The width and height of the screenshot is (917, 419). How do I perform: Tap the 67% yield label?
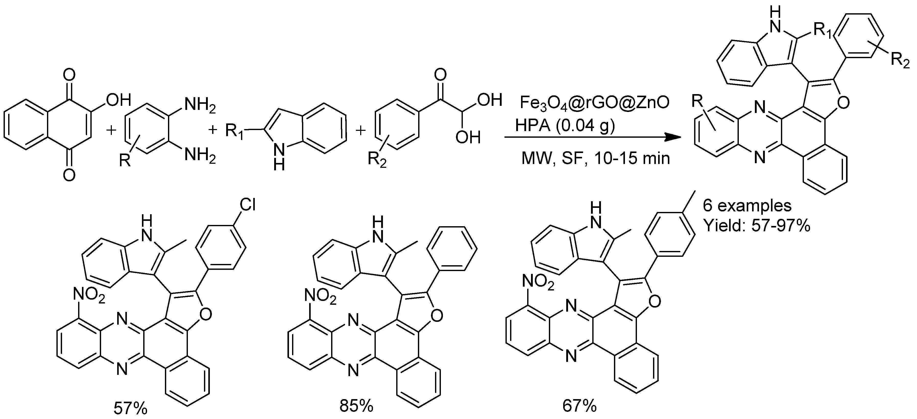point(580,406)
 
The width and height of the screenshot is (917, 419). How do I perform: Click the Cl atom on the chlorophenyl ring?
point(247,205)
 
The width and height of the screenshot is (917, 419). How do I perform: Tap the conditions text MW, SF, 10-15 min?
point(596,158)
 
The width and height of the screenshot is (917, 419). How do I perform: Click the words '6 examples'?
point(747,205)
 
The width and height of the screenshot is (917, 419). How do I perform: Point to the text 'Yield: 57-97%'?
point(757,225)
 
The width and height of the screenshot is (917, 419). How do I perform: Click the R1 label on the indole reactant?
point(235,132)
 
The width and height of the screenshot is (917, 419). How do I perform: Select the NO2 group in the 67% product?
point(538,283)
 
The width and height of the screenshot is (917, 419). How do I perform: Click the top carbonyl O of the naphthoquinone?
point(69,75)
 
